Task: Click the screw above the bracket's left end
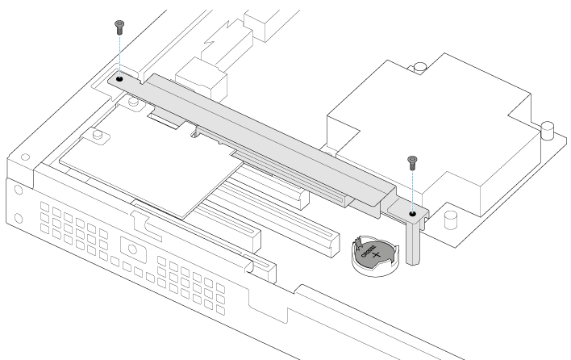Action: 119,25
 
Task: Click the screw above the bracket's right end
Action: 412,161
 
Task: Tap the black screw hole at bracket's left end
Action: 119,80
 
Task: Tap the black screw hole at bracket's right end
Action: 412,215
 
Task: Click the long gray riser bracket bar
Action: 266,137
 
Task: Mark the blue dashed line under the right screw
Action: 412,190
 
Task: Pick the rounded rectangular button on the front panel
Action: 130,245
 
